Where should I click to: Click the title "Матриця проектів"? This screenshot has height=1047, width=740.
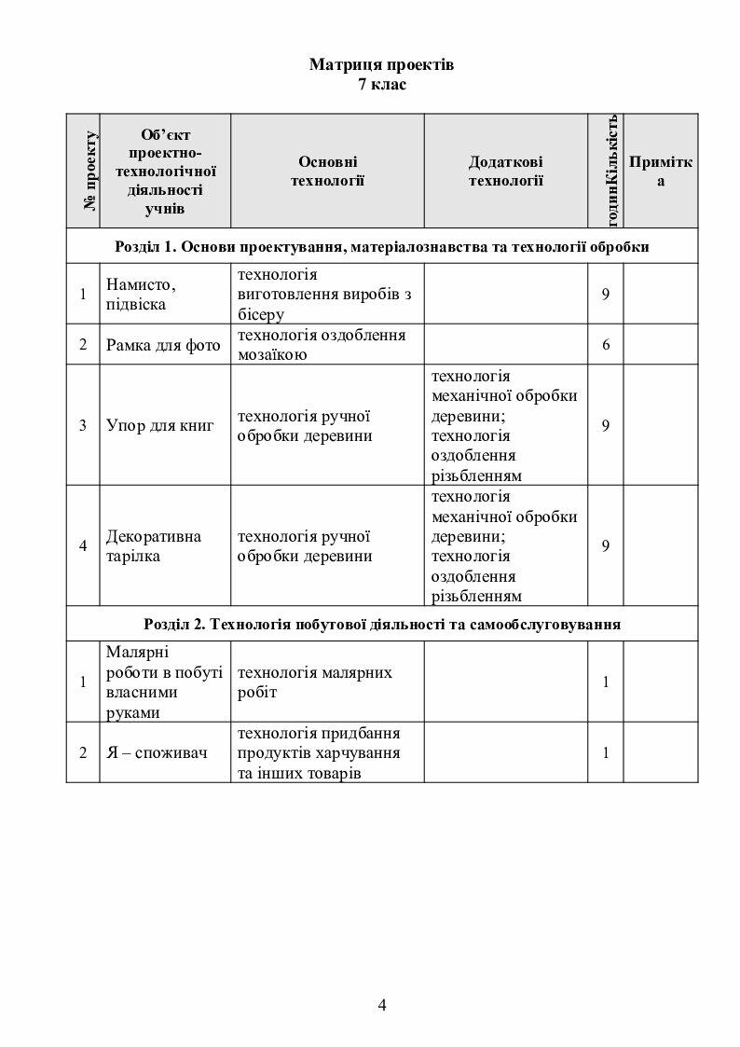(381, 66)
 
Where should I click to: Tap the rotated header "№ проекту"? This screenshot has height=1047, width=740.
(91, 171)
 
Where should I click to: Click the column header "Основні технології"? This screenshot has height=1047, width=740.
(327, 171)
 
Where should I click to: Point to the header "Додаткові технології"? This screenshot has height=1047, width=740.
(505, 171)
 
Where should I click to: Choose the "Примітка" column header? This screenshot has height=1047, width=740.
(661, 171)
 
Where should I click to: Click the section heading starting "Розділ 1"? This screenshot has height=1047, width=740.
(382, 247)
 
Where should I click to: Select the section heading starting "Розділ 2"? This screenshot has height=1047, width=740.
(382, 624)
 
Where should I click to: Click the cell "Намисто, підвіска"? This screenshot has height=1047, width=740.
(141, 294)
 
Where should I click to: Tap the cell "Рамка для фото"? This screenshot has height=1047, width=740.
(163, 345)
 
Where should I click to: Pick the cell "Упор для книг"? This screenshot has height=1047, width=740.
(160, 425)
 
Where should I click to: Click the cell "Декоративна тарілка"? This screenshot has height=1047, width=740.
(154, 546)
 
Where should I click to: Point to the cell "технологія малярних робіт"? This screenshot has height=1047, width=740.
(315, 682)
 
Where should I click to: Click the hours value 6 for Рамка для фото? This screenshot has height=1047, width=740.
(606, 345)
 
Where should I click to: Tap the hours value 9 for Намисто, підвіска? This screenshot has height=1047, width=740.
(606, 294)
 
